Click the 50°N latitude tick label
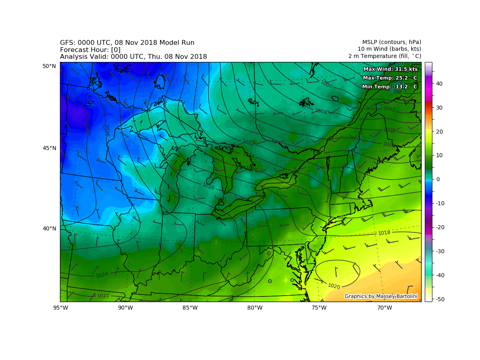pos(50,66)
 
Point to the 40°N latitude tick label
pos(50,228)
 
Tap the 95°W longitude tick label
pos(60,308)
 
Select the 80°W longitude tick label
pos(255,308)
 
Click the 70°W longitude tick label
pos(384,308)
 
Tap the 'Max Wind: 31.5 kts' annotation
pos(390,69)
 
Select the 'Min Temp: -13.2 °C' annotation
pos(390,87)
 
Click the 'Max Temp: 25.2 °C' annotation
pos(390,78)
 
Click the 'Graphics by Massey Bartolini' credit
pos(381,296)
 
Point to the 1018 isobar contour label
pos(384,233)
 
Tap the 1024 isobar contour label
pos(102,275)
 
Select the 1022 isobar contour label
pos(103,296)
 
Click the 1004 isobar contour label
pos(320,111)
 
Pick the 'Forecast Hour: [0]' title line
pos(90,50)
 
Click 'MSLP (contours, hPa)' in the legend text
pos(392,42)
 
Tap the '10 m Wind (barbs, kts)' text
pos(389,49)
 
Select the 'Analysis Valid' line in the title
pos(133,57)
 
